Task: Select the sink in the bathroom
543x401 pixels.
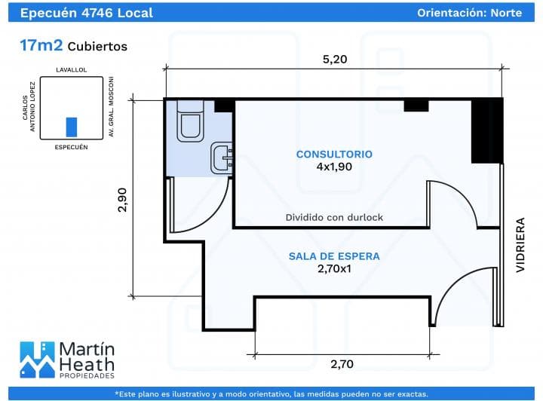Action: coord(222,158)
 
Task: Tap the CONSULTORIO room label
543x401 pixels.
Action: coord(334,155)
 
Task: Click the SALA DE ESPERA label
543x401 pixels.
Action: coord(334,256)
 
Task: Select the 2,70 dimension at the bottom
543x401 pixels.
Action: coord(342,364)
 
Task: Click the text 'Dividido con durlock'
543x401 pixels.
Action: coord(334,217)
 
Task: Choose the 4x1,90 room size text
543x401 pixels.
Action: coord(334,167)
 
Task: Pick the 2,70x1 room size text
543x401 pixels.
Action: coord(334,268)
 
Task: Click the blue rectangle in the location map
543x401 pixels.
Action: coord(72,127)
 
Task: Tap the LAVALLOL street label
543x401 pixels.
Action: coord(72,69)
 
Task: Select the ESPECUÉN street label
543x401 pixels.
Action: coord(72,147)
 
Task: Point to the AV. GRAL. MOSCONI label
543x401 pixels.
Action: coord(111,106)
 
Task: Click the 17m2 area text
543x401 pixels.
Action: coord(41,46)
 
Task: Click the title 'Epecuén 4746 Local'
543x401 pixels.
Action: coord(86,13)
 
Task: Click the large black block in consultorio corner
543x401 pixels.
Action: coord(486,130)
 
